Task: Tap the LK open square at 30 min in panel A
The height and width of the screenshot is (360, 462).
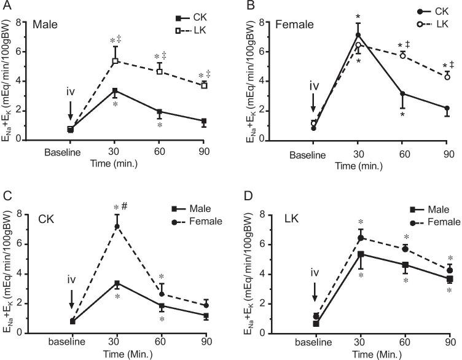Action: (115, 61)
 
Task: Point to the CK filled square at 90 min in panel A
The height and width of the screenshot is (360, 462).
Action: (203, 122)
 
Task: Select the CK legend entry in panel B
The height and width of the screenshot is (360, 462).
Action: (427, 11)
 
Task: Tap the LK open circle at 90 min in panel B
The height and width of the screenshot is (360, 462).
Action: (447, 77)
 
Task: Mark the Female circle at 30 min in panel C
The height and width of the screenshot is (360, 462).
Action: (116, 227)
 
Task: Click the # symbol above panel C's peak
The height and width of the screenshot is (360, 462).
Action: (124, 207)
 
